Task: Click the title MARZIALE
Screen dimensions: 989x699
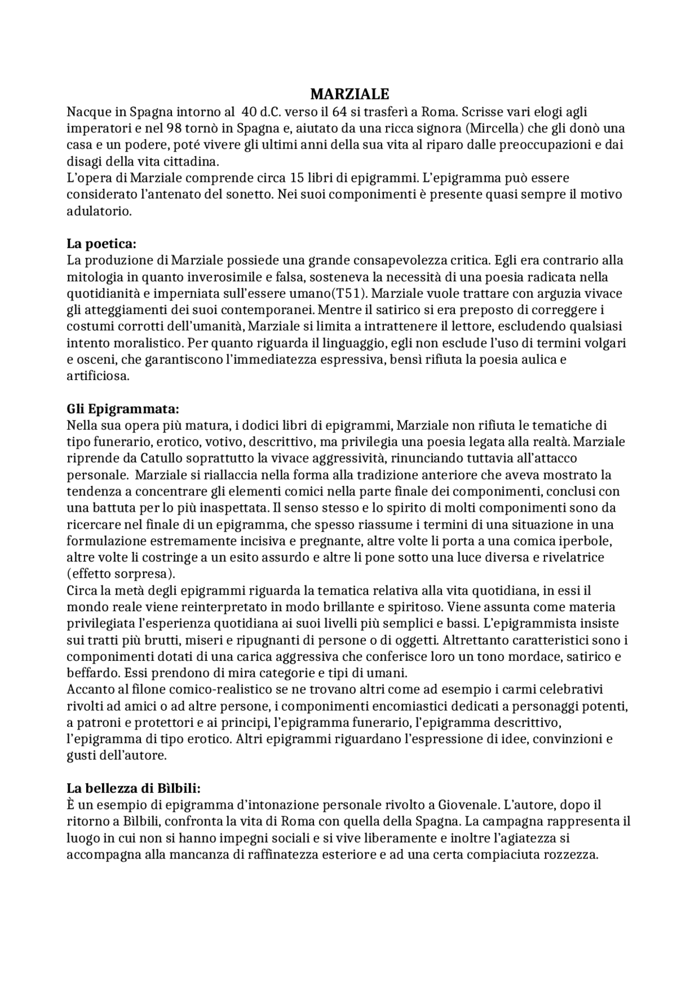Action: [x=349, y=94]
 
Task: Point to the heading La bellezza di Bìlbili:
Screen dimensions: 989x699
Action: [x=134, y=788]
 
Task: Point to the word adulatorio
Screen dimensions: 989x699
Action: [x=99, y=211]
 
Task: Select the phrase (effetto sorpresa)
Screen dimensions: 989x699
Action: [x=121, y=574]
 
